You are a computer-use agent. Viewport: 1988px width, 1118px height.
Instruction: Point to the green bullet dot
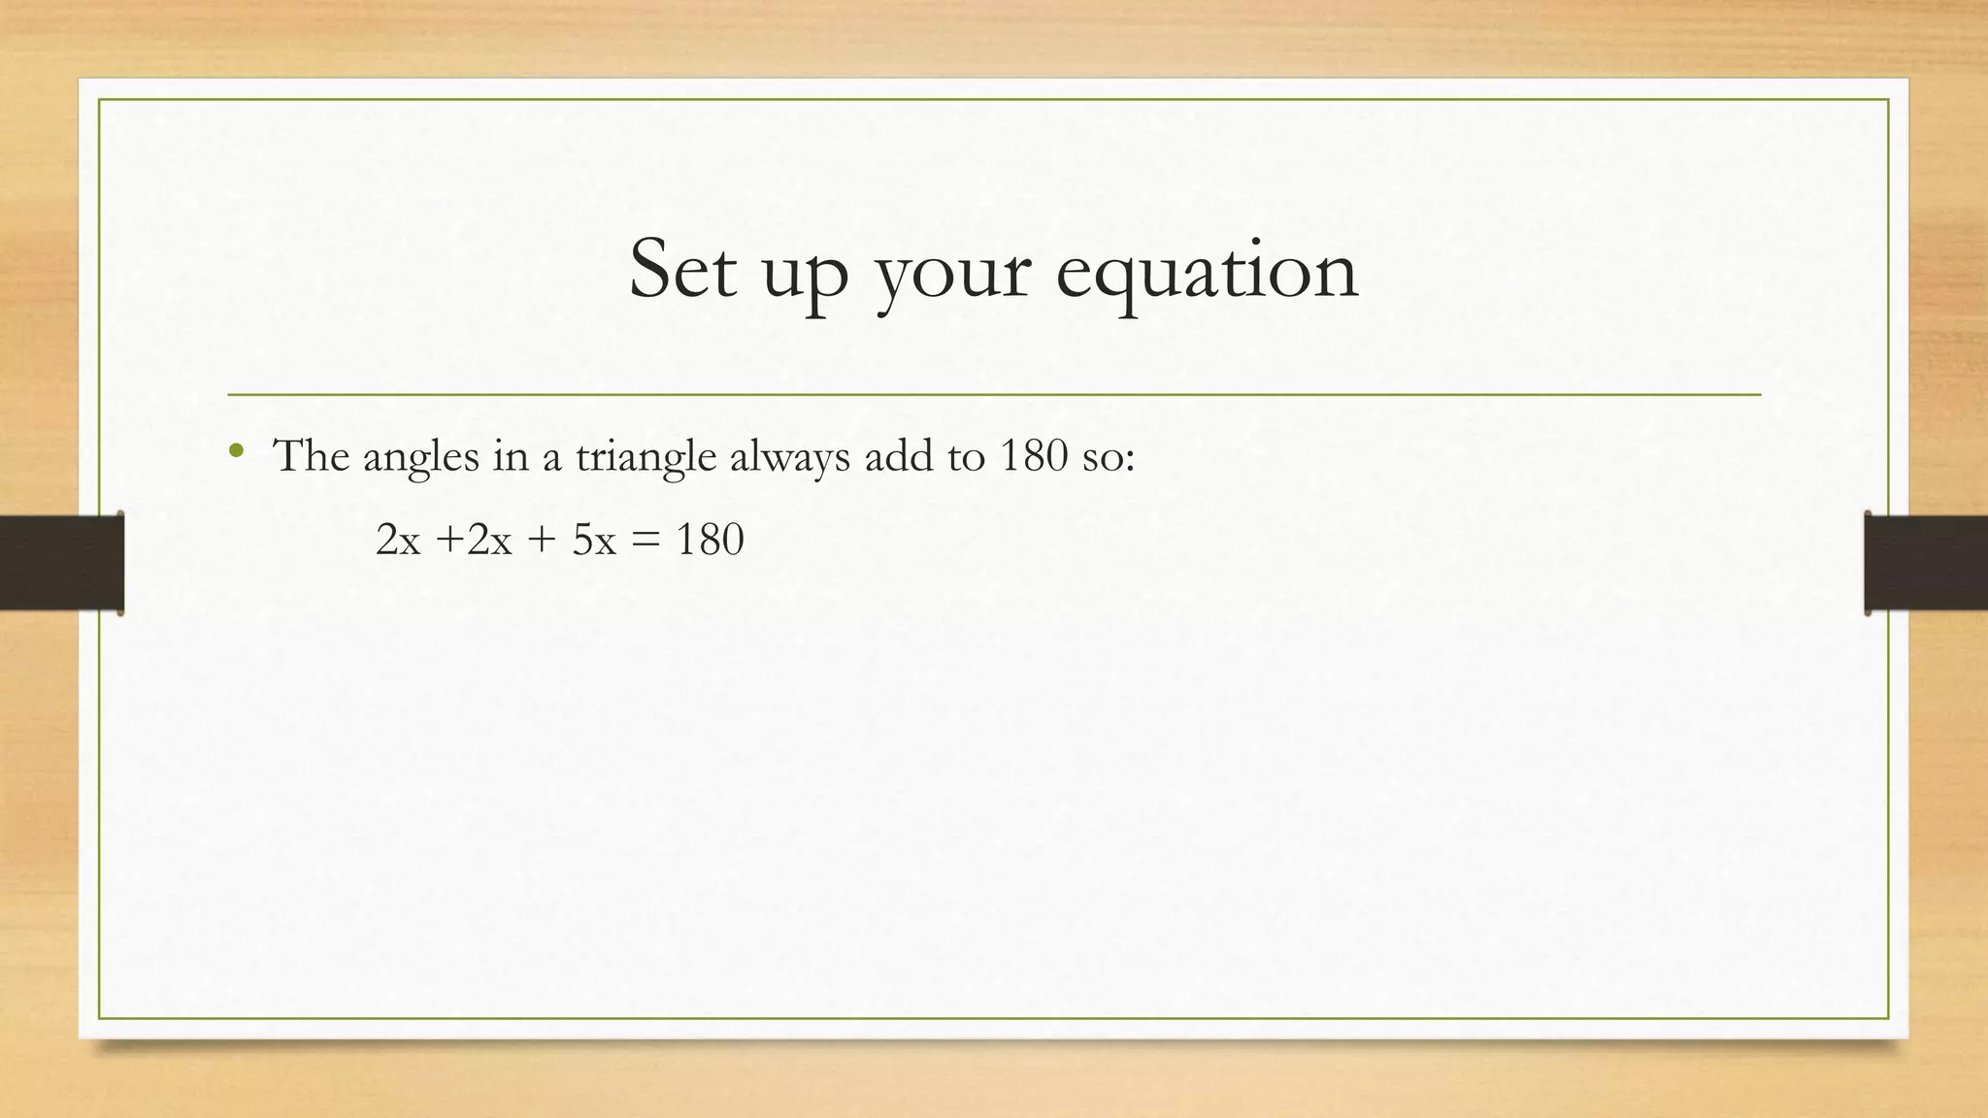click(236, 450)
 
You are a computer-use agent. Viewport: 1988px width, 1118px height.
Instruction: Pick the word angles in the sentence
click(421, 458)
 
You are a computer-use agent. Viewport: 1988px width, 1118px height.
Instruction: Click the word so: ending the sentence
click(1109, 458)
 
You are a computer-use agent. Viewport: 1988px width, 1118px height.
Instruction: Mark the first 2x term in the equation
click(398, 540)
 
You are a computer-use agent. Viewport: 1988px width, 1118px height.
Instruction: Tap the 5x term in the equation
click(594, 540)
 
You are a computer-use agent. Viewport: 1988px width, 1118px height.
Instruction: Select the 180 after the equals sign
click(710, 540)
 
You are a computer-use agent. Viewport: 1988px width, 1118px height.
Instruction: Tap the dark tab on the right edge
click(1926, 563)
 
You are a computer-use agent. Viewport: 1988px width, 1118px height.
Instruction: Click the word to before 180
click(966, 457)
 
